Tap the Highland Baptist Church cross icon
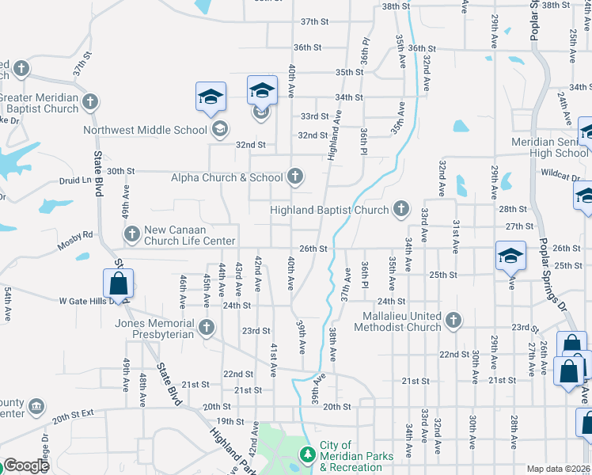[x=401, y=209]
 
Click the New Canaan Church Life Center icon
[x=132, y=234]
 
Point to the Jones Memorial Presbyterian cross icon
[x=207, y=327]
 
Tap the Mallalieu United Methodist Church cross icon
[x=453, y=321]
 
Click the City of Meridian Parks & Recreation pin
[x=307, y=454]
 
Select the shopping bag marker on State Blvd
[x=118, y=284]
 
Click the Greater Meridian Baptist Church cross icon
[x=91, y=101]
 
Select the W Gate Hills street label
[x=85, y=302]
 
